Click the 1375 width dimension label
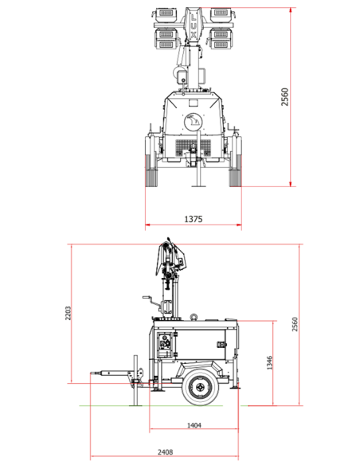[194, 219]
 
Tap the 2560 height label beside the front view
[284, 96]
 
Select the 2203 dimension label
[68, 313]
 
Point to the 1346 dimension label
[269, 363]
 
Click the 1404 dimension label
[194, 425]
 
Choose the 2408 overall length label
[165, 452]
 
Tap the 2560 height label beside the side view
[295, 324]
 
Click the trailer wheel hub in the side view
[201, 387]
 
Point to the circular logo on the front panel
[193, 122]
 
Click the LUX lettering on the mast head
[193, 25]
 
